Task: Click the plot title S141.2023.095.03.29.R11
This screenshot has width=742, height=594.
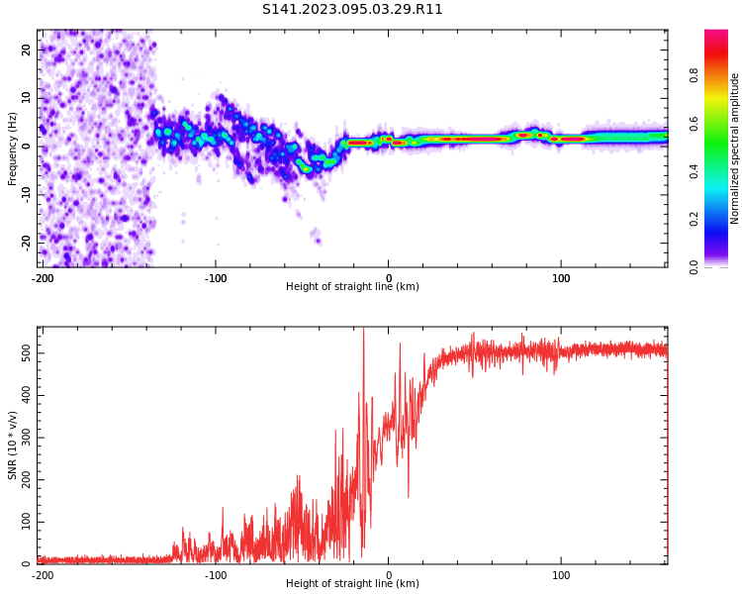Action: (x=352, y=10)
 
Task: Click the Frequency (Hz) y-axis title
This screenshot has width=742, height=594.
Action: (x=13, y=148)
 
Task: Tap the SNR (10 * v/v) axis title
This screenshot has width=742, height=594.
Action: (x=13, y=445)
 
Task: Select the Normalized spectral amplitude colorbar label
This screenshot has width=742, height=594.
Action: (x=735, y=148)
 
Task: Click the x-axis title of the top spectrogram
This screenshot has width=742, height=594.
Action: (x=352, y=287)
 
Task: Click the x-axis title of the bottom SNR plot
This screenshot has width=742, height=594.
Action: (x=352, y=584)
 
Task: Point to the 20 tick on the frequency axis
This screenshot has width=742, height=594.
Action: (x=26, y=49)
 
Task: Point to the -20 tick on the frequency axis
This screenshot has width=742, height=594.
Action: (x=26, y=241)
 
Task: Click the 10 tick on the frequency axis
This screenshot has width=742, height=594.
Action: (x=26, y=97)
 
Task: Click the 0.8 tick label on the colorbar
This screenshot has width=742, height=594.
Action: (x=694, y=73)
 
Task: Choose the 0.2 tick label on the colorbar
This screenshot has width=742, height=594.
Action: (x=694, y=219)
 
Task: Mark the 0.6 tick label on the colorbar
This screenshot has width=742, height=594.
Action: (x=694, y=123)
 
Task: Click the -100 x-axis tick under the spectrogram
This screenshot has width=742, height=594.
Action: (x=216, y=278)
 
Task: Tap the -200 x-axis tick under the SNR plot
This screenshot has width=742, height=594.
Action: (x=43, y=575)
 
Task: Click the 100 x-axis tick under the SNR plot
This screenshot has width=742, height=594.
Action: (x=561, y=575)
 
